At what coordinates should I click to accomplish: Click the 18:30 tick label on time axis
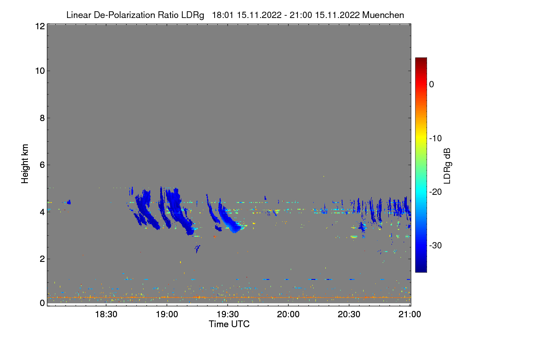pos(106,314)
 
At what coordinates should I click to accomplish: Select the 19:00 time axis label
pos(167,314)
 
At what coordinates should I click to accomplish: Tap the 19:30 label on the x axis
pos(228,314)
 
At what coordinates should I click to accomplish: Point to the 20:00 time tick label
pos(288,314)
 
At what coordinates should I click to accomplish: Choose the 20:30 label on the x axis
pos(349,314)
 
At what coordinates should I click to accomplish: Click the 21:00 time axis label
pos(409,314)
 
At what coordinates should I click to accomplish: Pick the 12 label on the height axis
pos(40,26)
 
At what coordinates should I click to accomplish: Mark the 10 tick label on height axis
pos(40,71)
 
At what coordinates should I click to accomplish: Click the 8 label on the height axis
pos(42,118)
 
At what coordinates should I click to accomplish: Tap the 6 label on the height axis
pos(42,165)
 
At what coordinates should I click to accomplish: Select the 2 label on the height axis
pos(42,259)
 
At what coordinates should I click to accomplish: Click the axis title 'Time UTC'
pos(229,324)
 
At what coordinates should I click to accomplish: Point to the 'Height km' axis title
pos(25,164)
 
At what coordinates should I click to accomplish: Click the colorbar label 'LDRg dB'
pos(447,166)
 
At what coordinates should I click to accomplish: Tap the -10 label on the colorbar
pos(436,139)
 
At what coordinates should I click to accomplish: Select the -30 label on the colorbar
pos(436,245)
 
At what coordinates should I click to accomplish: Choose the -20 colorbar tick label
pos(436,192)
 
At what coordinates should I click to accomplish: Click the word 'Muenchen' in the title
pos(383,15)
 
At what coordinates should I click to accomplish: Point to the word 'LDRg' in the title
pos(193,15)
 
